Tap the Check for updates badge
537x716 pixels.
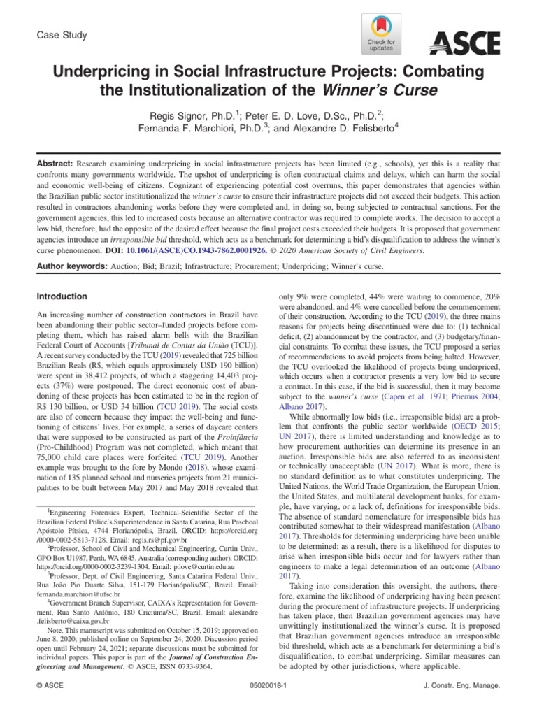coord(380,34)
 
